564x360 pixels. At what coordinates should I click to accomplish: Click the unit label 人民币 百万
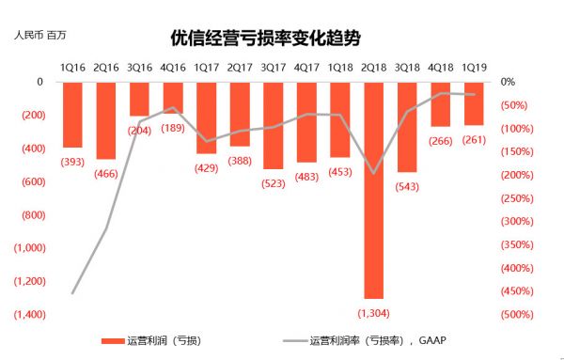(40, 36)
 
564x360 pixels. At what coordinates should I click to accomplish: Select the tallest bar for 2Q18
(373, 188)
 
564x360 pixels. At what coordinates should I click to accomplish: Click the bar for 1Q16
(72, 114)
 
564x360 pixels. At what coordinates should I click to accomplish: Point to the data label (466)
(105, 174)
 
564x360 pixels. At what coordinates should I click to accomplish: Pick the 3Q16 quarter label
(139, 67)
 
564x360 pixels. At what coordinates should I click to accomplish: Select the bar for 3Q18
(407, 126)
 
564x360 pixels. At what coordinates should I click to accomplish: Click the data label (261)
(474, 141)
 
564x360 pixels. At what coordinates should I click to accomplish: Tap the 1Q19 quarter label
(474, 67)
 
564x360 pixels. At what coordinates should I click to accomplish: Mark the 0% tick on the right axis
(509, 82)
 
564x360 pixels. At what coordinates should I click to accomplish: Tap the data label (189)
(173, 128)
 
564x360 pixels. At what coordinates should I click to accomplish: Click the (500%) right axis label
(520, 315)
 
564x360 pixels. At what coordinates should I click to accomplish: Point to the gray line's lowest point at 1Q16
(72, 293)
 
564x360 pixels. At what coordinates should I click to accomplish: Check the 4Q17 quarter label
(306, 67)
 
